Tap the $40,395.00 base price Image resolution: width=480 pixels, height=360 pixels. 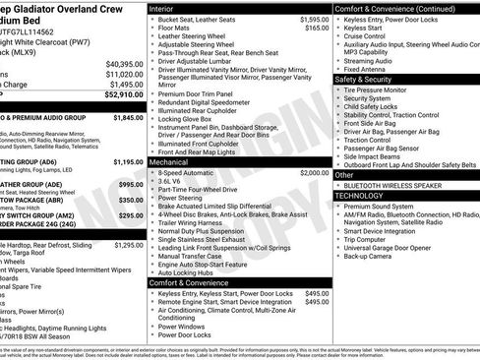point(119,63)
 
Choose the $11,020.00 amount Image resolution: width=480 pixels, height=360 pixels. point(119,74)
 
